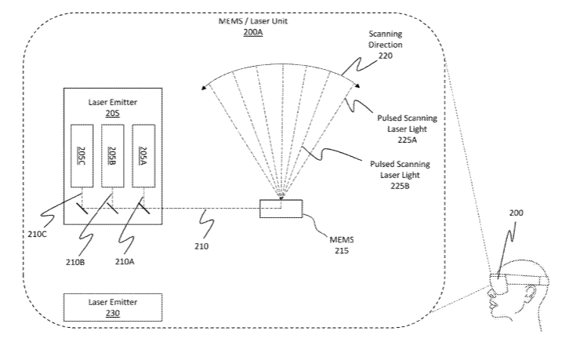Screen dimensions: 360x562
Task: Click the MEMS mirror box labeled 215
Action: (281, 208)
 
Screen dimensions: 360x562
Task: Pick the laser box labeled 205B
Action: (113, 155)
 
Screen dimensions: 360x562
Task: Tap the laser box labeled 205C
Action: (82, 155)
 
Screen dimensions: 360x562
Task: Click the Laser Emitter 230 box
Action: (113, 306)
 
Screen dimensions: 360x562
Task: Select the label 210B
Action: (75, 261)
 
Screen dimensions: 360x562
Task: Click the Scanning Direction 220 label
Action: (386, 45)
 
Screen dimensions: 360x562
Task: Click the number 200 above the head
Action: (517, 213)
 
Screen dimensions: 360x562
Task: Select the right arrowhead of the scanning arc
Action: (357, 85)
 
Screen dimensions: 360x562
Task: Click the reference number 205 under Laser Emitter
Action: (113, 112)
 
